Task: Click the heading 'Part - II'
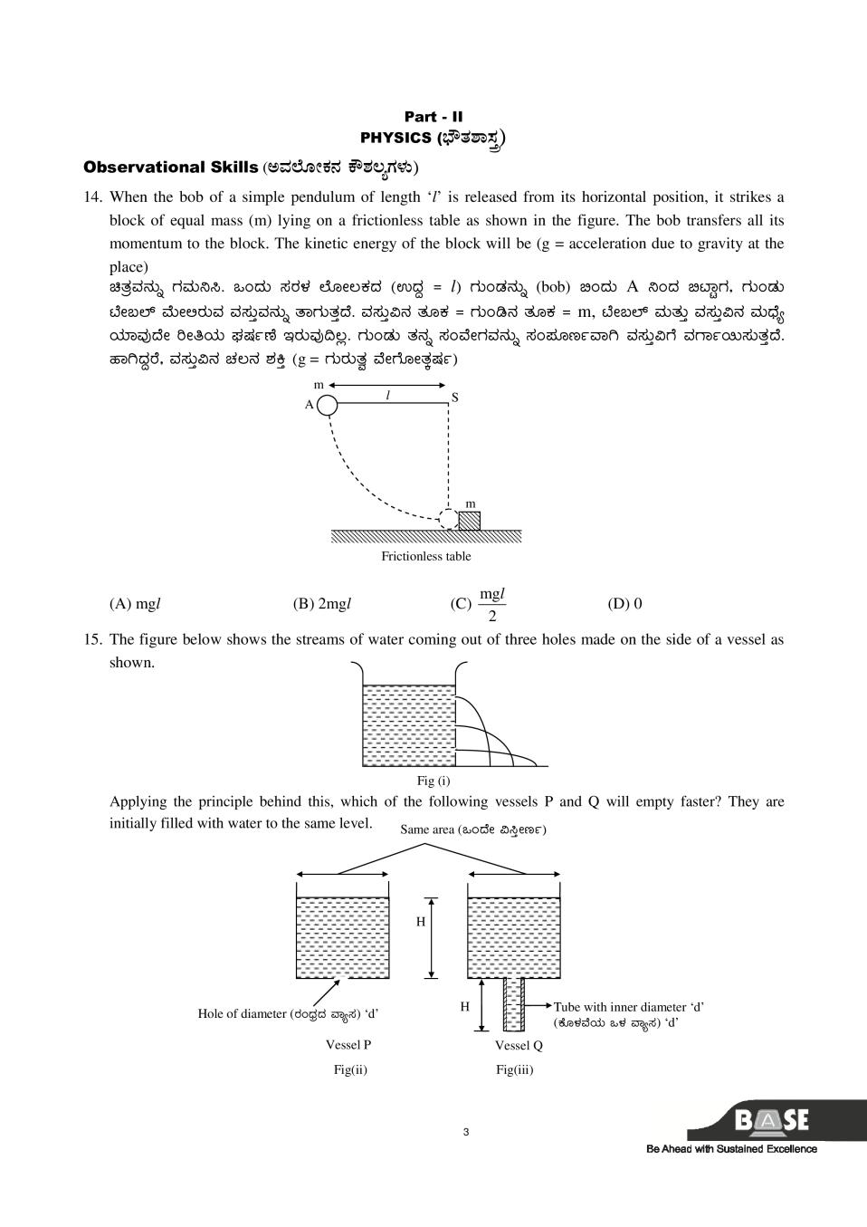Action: pyautogui.click(x=433, y=117)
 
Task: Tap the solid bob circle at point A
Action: pyautogui.click(x=327, y=405)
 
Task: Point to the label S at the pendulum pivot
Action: pyautogui.click(x=454, y=398)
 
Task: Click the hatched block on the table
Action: pyautogui.click(x=469, y=521)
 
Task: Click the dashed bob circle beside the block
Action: pyautogui.click(x=448, y=519)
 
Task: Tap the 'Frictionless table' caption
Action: pyautogui.click(x=425, y=556)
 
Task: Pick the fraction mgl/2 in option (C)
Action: pyautogui.click(x=492, y=604)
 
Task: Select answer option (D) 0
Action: pyautogui.click(x=624, y=604)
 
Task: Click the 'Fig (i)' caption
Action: pyautogui.click(x=433, y=781)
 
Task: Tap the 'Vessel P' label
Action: pyautogui.click(x=348, y=1044)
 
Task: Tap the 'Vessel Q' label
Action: pyautogui.click(x=519, y=1045)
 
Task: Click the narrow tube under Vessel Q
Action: pyautogui.click(x=513, y=1004)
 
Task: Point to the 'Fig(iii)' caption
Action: pyautogui.click(x=514, y=1069)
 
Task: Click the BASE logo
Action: pyautogui.click(x=771, y=1121)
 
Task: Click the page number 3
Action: pyautogui.click(x=465, y=1131)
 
